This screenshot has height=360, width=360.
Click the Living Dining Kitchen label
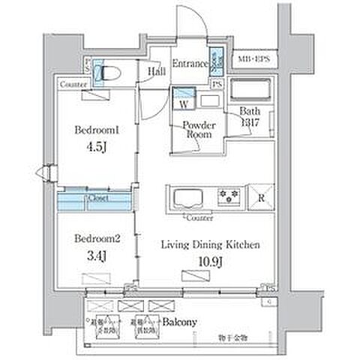211,244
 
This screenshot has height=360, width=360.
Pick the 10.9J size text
211,261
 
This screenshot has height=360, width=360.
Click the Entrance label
188,65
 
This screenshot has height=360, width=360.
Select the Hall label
156,71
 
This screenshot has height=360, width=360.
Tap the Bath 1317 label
249,118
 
